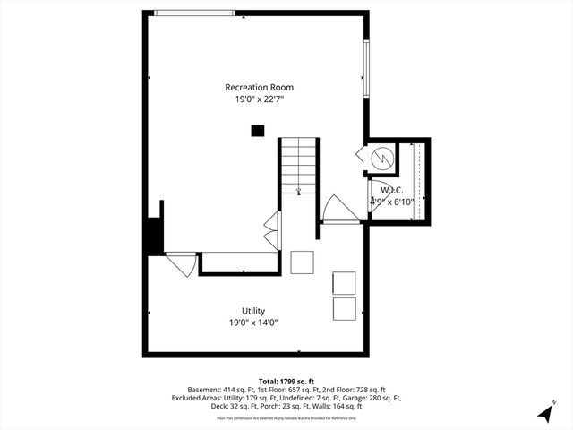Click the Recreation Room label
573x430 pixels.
tap(259, 87)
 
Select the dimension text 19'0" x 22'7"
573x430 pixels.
tap(259, 99)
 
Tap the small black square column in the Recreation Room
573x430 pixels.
tap(258, 131)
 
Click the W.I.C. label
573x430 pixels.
tap(391, 190)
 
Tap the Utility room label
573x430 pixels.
tap(252, 311)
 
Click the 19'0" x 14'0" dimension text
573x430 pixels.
tap(252, 322)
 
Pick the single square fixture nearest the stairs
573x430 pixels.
tap(303, 262)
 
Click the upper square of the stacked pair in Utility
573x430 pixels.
tap(344, 282)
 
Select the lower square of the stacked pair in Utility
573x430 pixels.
tap(344, 309)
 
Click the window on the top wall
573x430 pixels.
tap(195, 13)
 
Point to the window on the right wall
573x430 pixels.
tap(365, 68)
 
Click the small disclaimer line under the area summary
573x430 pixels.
tap(286, 417)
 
